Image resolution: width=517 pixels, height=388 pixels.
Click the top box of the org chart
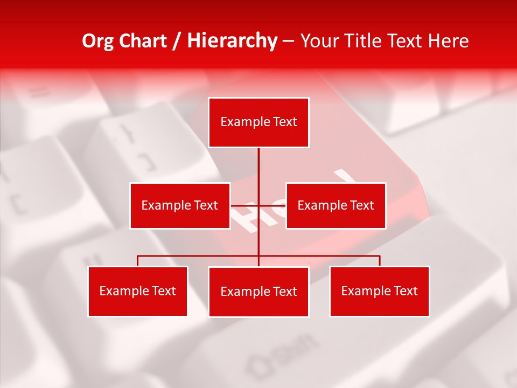pos(258,122)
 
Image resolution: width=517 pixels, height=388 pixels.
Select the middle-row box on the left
pos(180,205)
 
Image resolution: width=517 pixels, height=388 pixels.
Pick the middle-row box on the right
pos(336,205)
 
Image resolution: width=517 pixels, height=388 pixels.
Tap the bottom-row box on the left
pos(137,291)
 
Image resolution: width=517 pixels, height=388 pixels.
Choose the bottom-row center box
pos(258,292)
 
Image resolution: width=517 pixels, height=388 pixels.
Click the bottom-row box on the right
pos(379,291)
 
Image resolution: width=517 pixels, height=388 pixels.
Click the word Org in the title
pos(98,41)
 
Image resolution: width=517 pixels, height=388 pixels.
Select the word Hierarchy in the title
pos(232,41)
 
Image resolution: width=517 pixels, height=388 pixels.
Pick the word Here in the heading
pos(449,41)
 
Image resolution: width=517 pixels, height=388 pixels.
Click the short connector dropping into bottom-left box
pos(137,261)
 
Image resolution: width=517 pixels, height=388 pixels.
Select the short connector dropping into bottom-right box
pos(380,261)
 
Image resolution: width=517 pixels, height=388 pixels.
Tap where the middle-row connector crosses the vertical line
pos(258,205)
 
